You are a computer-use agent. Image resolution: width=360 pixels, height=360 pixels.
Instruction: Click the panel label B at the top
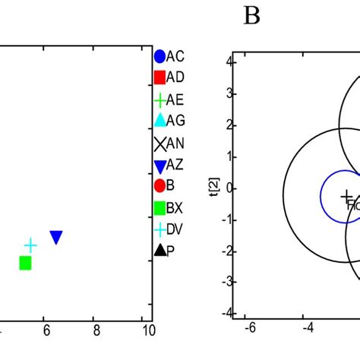[x=251, y=17]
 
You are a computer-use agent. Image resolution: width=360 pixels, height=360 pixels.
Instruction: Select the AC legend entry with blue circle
[x=168, y=56]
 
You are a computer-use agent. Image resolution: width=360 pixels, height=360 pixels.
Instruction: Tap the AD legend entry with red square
[x=168, y=77]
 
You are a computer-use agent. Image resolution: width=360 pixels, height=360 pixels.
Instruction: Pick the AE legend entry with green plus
[x=168, y=99]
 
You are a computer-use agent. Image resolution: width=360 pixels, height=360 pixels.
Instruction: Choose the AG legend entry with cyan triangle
[x=168, y=121]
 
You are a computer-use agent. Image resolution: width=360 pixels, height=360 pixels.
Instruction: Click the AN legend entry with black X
[x=168, y=143]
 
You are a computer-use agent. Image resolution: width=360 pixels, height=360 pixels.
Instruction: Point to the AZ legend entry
[x=168, y=165]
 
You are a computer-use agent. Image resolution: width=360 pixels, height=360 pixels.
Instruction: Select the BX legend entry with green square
[x=168, y=207]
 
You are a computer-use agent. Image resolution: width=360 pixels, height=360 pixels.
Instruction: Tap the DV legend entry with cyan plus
[x=168, y=229]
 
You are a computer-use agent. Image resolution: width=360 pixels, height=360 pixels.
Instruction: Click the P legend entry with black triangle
[x=168, y=251]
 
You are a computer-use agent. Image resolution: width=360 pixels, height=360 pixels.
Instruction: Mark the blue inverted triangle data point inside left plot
[x=56, y=238]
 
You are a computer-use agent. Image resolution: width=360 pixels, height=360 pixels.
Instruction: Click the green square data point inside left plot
[x=25, y=263]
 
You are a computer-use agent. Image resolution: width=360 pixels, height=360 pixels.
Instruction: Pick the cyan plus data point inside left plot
[x=30, y=245]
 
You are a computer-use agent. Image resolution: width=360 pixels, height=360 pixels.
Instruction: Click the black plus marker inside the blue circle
[x=346, y=196]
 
